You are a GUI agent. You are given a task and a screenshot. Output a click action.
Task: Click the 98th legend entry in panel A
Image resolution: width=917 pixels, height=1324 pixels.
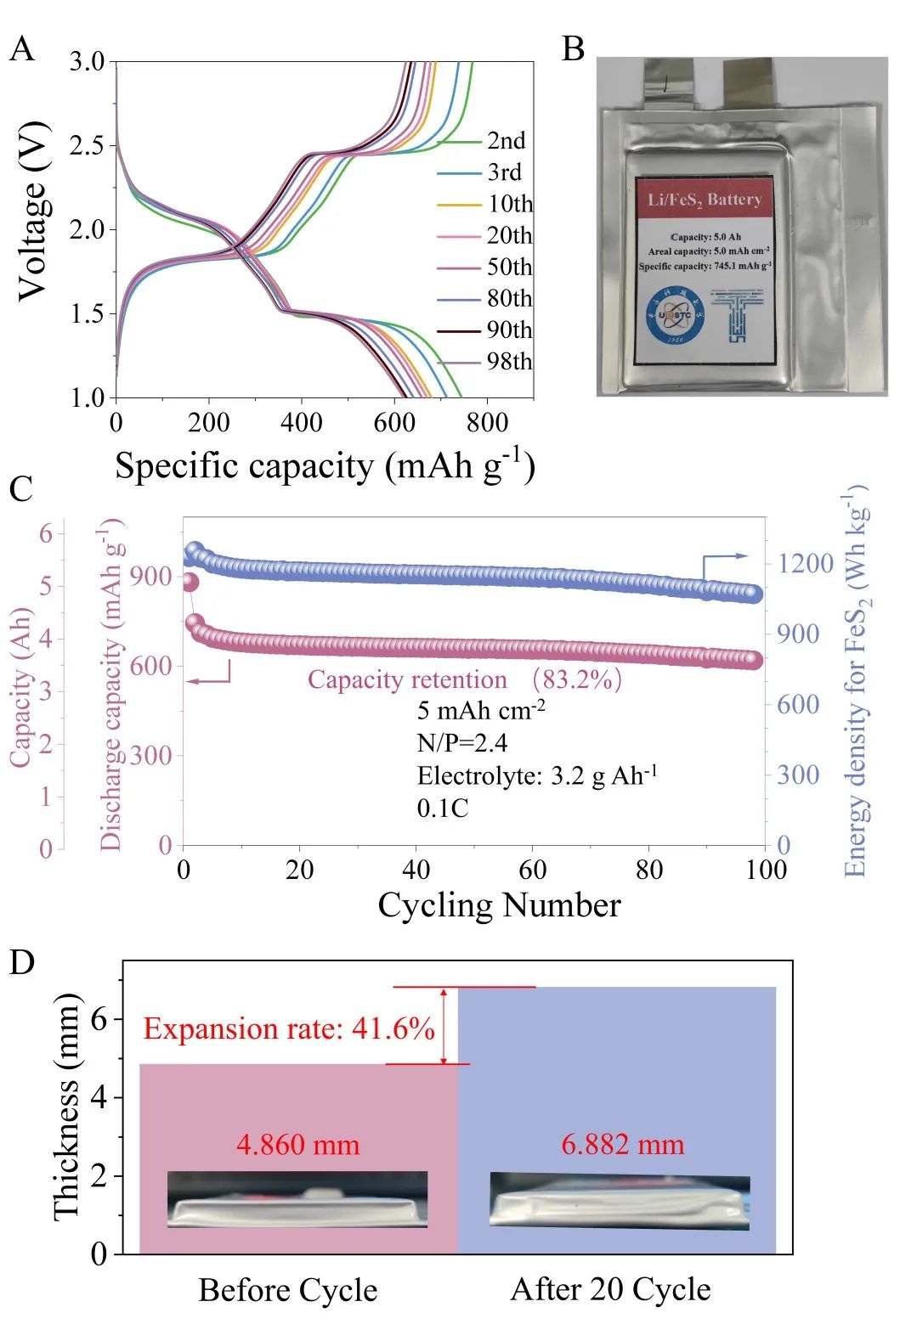pyautogui.click(x=509, y=362)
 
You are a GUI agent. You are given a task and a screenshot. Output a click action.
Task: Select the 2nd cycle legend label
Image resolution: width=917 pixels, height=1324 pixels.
pyautogui.click(x=506, y=141)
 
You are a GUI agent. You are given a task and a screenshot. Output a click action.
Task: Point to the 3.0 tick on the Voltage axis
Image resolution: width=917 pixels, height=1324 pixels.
pyautogui.click(x=88, y=62)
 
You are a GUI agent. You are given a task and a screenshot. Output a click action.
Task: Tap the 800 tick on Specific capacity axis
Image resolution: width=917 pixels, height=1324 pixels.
pyautogui.click(x=487, y=422)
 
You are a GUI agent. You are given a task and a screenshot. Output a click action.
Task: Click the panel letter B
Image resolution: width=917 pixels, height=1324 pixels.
pyautogui.click(x=574, y=49)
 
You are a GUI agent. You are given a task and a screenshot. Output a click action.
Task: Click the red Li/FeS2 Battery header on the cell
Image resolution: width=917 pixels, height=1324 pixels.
pyautogui.click(x=704, y=200)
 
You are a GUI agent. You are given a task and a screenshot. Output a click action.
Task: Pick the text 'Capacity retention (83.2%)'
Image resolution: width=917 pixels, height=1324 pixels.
pyautogui.click(x=464, y=679)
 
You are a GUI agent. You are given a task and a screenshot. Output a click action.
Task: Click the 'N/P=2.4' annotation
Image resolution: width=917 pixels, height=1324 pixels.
pyautogui.click(x=462, y=743)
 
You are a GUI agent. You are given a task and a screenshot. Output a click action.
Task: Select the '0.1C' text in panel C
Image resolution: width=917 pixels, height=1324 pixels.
pyautogui.click(x=443, y=808)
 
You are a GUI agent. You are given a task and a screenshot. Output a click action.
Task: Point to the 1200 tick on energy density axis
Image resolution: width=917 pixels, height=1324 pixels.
pyautogui.click(x=805, y=563)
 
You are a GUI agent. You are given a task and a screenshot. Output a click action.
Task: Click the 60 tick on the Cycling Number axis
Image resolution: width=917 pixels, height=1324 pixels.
pyautogui.click(x=533, y=870)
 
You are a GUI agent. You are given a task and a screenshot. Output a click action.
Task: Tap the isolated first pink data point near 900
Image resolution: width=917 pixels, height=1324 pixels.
pyautogui.click(x=190, y=583)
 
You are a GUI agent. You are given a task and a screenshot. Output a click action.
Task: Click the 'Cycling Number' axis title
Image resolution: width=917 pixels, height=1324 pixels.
pyautogui.click(x=499, y=905)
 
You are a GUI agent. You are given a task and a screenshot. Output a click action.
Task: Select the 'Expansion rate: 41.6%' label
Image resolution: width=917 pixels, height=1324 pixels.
pyautogui.click(x=289, y=1028)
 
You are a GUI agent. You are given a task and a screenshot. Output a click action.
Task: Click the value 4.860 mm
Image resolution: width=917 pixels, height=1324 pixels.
pyautogui.click(x=297, y=1145)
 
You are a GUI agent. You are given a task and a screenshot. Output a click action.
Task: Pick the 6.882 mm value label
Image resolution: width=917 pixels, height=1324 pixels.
pyautogui.click(x=622, y=1145)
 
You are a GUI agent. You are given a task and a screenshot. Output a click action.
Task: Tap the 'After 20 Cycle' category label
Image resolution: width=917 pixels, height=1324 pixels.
pyautogui.click(x=610, y=1289)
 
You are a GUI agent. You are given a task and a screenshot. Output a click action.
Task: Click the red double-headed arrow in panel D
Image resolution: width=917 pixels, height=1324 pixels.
pyautogui.click(x=444, y=1025)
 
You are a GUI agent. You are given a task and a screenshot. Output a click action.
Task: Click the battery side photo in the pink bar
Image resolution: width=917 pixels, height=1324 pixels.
pyautogui.click(x=297, y=1199)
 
